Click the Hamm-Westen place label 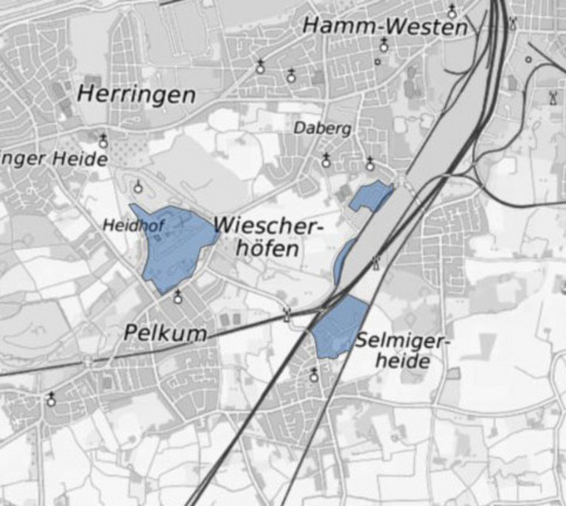click(x=385, y=27)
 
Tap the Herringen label click(x=136, y=95)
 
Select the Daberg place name click(x=323, y=128)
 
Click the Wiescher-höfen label click(x=268, y=237)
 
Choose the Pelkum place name click(x=165, y=333)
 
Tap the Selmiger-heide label click(x=402, y=350)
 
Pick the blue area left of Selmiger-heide click(x=340, y=327)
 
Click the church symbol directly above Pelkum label click(x=178, y=297)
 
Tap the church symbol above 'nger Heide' click(x=103, y=140)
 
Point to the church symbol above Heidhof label click(x=138, y=187)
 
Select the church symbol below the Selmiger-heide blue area click(x=314, y=376)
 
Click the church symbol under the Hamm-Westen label click(x=384, y=46)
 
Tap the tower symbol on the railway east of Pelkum click(x=287, y=315)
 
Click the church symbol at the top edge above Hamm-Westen click(x=452, y=11)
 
